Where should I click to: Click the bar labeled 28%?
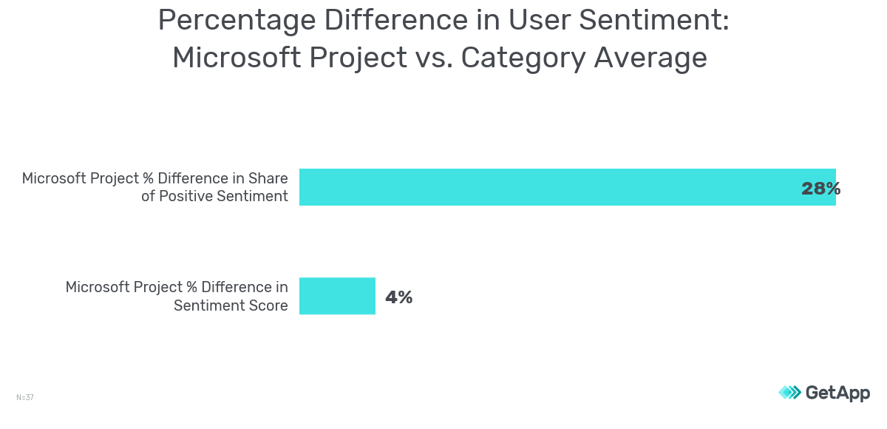point(547,187)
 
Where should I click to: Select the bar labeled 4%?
point(337,296)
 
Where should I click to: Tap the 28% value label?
point(820,189)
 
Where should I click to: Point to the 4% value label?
point(398,297)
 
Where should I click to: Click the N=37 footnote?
point(25,397)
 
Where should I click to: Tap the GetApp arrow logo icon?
point(789,393)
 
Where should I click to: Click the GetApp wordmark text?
point(837,393)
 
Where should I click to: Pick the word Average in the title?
point(650,58)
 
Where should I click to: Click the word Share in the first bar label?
point(268,178)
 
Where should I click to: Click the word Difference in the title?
point(389,21)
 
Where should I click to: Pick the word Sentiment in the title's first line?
point(653,21)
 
